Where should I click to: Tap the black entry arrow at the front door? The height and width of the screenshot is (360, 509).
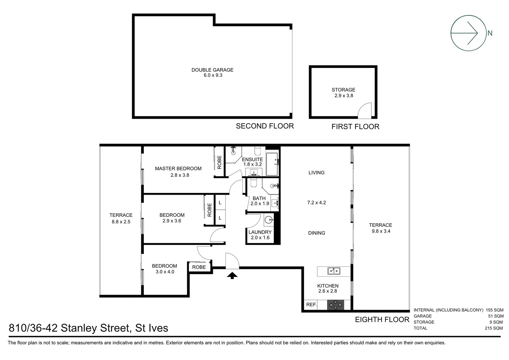pos(232,275)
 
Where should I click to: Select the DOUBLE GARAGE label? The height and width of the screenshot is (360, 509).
pos(212,70)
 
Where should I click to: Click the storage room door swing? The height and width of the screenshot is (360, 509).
pos(365,111)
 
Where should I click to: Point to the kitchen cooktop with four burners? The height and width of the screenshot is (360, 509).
pos(335,304)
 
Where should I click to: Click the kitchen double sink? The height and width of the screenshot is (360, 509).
pos(333,271)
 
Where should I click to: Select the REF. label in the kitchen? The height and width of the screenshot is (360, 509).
pos(311,304)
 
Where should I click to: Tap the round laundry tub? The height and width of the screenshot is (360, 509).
pos(269,220)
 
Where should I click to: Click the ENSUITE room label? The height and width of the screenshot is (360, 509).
pos(252,159)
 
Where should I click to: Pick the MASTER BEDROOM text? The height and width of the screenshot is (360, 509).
pos(178,169)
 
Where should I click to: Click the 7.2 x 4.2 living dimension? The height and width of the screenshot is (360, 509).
pos(316,203)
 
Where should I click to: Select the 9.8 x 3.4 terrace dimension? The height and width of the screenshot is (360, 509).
pos(381,231)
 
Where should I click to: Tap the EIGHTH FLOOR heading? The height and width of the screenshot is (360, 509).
pos(382,320)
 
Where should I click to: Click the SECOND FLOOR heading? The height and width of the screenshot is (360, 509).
pos(265,126)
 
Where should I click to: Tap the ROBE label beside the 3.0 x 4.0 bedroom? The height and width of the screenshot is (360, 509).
pos(199,267)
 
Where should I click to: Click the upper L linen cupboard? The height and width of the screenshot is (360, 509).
pos(220,203)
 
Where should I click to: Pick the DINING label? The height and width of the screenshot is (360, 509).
pos(316,233)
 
